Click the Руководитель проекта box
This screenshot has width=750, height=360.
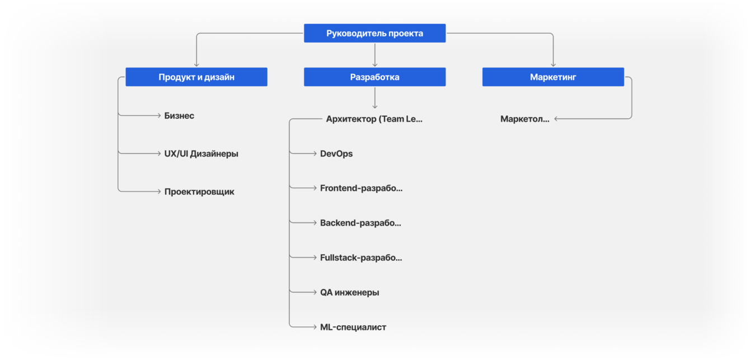(x=374, y=33)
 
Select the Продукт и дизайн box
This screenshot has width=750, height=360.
(x=196, y=77)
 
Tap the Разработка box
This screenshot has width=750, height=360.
(x=374, y=77)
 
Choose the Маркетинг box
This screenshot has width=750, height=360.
(x=553, y=77)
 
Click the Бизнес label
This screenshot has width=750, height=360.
(x=179, y=116)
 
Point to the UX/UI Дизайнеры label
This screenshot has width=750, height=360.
(x=201, y=154)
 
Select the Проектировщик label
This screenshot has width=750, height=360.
(x=199, y=192)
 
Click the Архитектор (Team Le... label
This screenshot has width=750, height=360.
(x=374, y=119)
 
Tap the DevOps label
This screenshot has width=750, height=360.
(x=336, y=154)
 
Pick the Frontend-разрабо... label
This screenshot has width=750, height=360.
(x=361, y=188)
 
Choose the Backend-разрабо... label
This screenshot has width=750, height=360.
(x=360, y=223)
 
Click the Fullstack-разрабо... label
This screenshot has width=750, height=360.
(x=361, y=258)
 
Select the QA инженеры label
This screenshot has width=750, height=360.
(x=350, y=293)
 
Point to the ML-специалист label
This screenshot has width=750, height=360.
(x=353, y=327)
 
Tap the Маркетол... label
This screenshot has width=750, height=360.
(x=524, y=119)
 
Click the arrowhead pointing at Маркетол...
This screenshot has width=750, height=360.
(x=556, y=119)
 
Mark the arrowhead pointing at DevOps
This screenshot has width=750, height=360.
(x=315, y=153)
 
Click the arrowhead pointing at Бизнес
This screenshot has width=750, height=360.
(x=159, y=115)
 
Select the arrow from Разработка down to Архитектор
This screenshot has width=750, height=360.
(x=374, y=98)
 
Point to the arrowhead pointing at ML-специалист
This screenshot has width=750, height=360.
(x=315, y=327)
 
